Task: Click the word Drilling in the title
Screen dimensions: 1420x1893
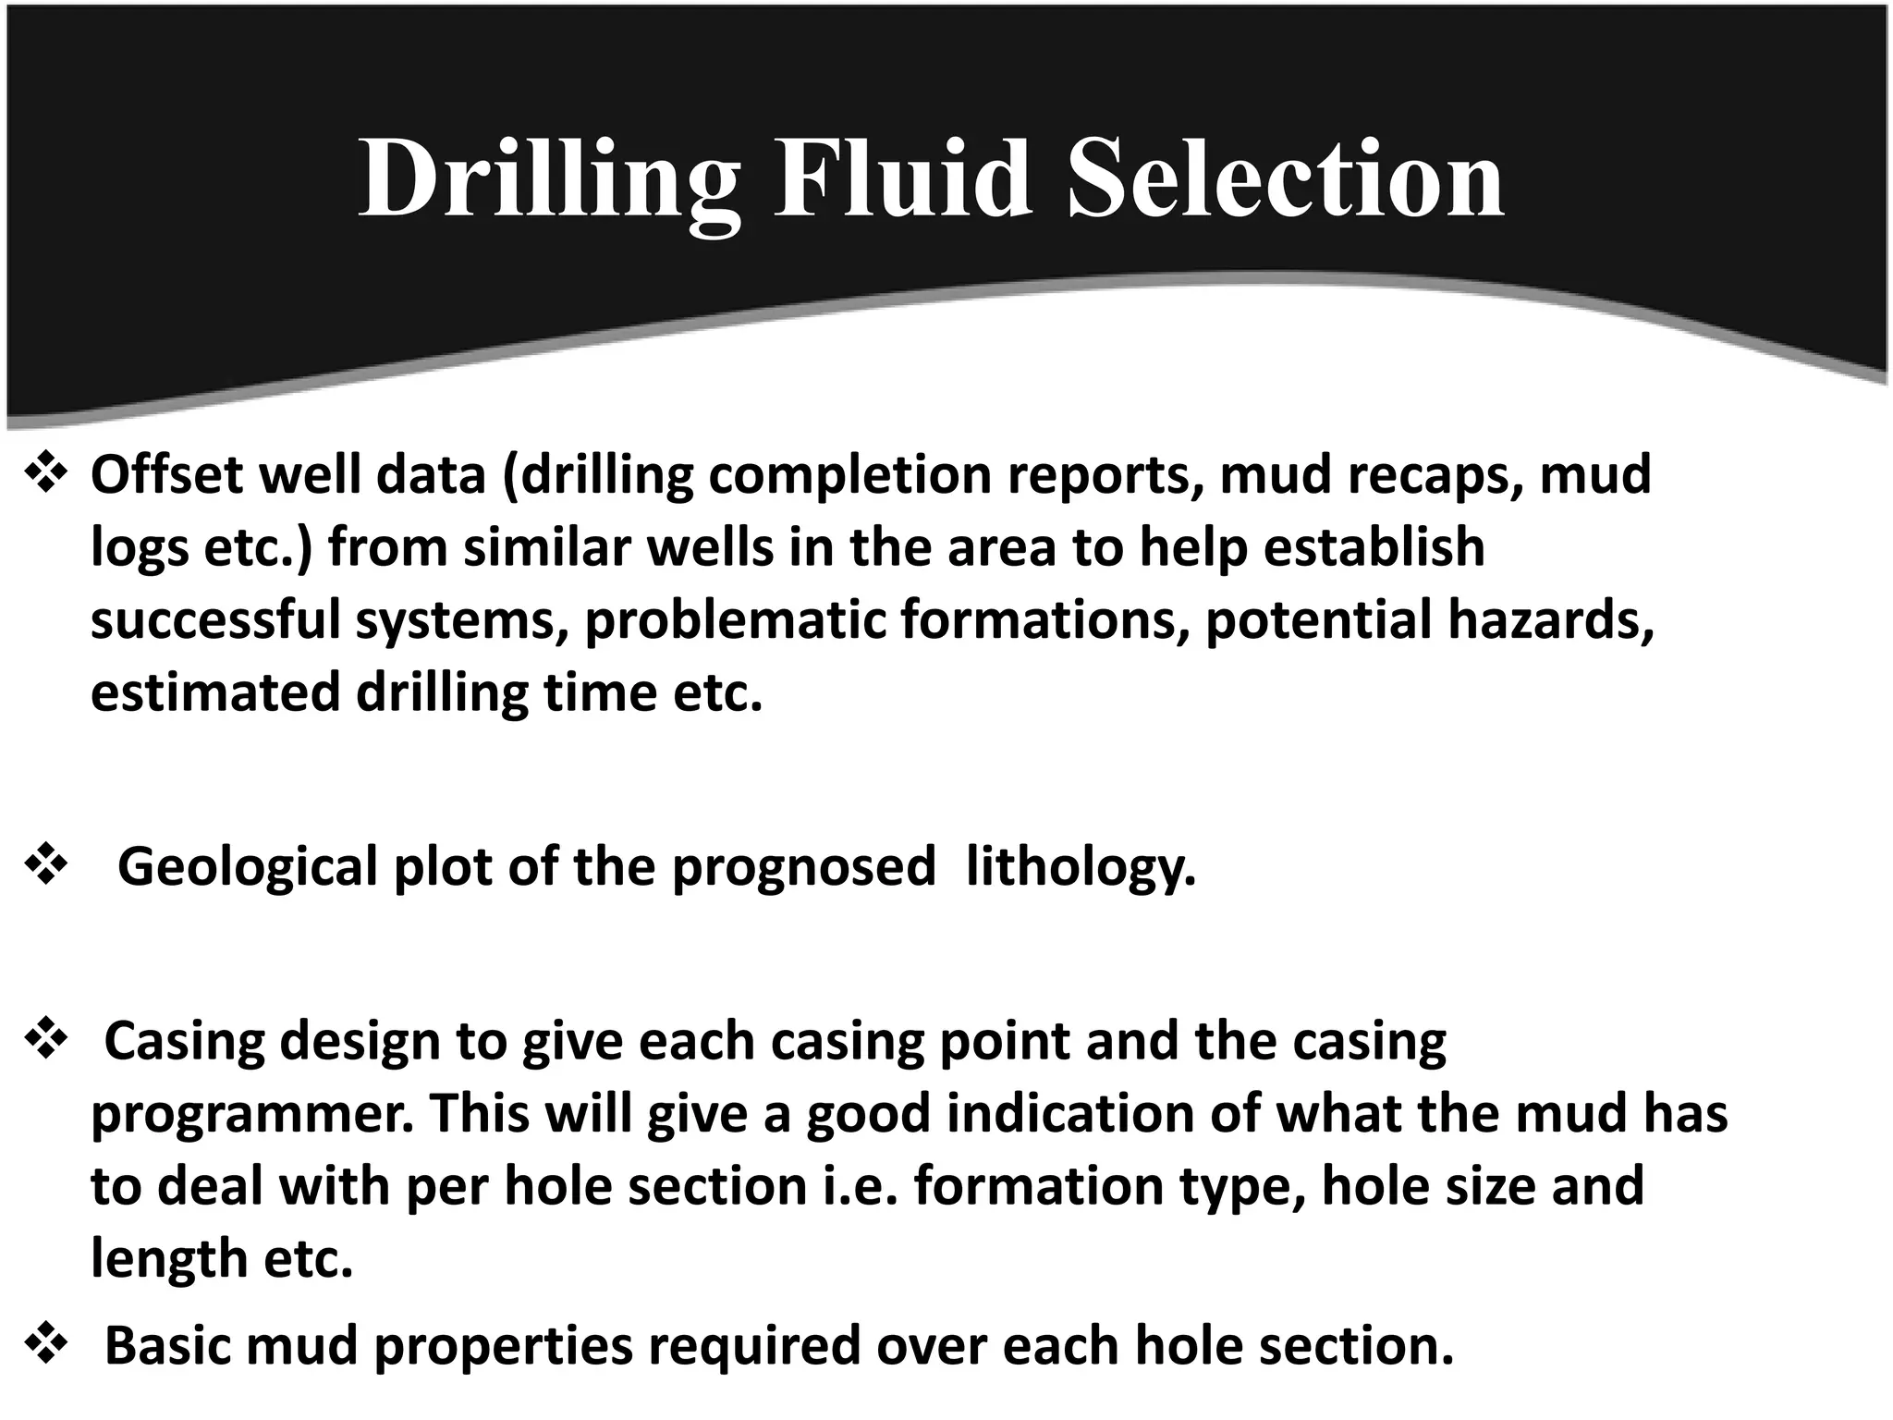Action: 549,179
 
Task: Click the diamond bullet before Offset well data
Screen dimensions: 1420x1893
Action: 45,474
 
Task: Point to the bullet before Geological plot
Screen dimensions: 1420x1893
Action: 45,866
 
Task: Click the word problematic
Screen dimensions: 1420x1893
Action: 736,619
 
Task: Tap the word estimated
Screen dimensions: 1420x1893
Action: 215,692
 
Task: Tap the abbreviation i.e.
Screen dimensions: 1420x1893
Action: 860,1186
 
